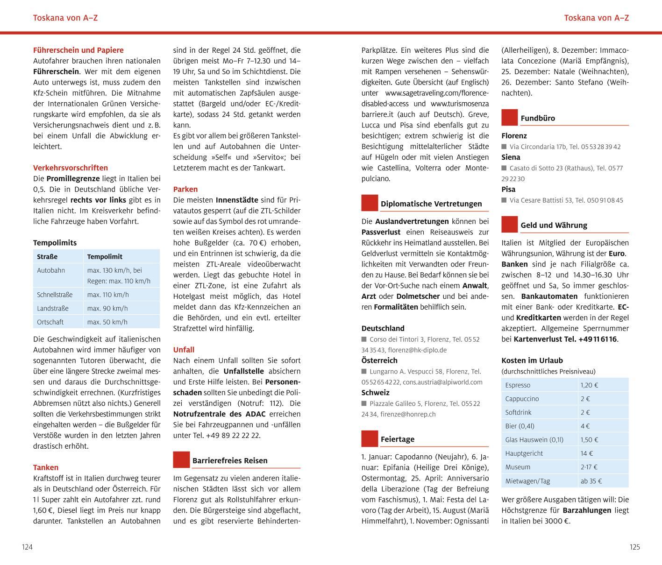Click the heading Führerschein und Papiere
[x=78, y=50]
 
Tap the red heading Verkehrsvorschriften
[x=70, y=168]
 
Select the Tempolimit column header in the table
[x=105, y=256]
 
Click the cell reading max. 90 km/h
[x=107, y=308]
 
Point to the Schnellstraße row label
[x=55, y=295]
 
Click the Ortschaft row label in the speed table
[x=50, y=322]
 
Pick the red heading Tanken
[x=46, y=467]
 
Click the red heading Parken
[x=185, y=189]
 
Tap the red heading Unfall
[x=184, y=350]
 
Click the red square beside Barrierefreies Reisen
[x=181, y=459]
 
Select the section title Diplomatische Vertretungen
[x=431, y=204]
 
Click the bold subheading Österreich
[x=379, y=360]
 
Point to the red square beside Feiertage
[x=370, y=438]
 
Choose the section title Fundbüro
[x=538, y=118]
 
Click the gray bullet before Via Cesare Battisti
[x=504, y=200]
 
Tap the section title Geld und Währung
[x=554, y=225]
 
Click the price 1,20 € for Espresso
[x=589, y=385]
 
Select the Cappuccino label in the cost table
[x=522, y=399]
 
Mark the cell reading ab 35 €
[x=591, y=481]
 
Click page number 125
[x=634, y=547]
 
